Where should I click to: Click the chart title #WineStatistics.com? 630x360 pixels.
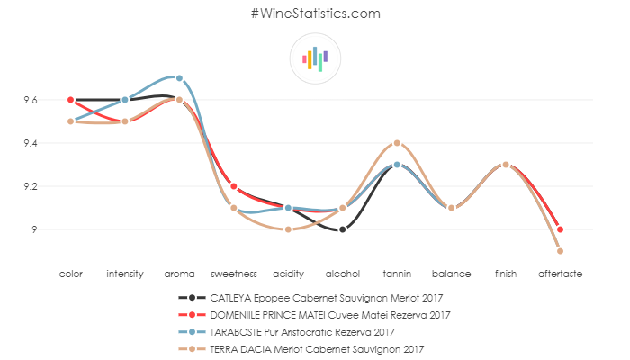tap(315, 13)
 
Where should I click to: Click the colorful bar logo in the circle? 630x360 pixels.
tap(315, 59)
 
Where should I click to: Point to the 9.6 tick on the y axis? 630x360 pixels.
tap(31, 100)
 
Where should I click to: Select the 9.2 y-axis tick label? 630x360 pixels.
tap(31, 186)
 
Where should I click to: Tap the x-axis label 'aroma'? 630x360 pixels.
tap(179, 273)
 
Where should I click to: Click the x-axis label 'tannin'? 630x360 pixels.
tap(397, 273)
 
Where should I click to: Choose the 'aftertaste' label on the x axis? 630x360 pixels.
tap(560, 273)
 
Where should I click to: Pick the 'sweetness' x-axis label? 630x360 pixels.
tap(234, 273)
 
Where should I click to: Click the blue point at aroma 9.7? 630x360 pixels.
tap(179, 78)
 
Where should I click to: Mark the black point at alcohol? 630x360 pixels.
tap(343, 229)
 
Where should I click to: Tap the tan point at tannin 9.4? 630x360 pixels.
tap(397, 143)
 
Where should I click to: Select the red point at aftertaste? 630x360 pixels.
tap(560, 229)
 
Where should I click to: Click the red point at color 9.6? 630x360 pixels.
tap(70, 100)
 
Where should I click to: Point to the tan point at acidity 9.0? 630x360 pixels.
tap(288, 229)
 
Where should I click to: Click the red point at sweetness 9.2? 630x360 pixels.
tap(234, 186)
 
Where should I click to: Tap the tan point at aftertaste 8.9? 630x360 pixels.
tap(560, 251)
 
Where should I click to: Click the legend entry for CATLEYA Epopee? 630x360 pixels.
tap(315, 297)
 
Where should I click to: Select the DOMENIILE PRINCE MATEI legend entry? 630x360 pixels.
tap(315, 314)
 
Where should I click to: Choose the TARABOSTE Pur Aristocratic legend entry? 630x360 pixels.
tap(315, 331)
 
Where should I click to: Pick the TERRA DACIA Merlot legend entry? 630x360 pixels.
tap(315, 348)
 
